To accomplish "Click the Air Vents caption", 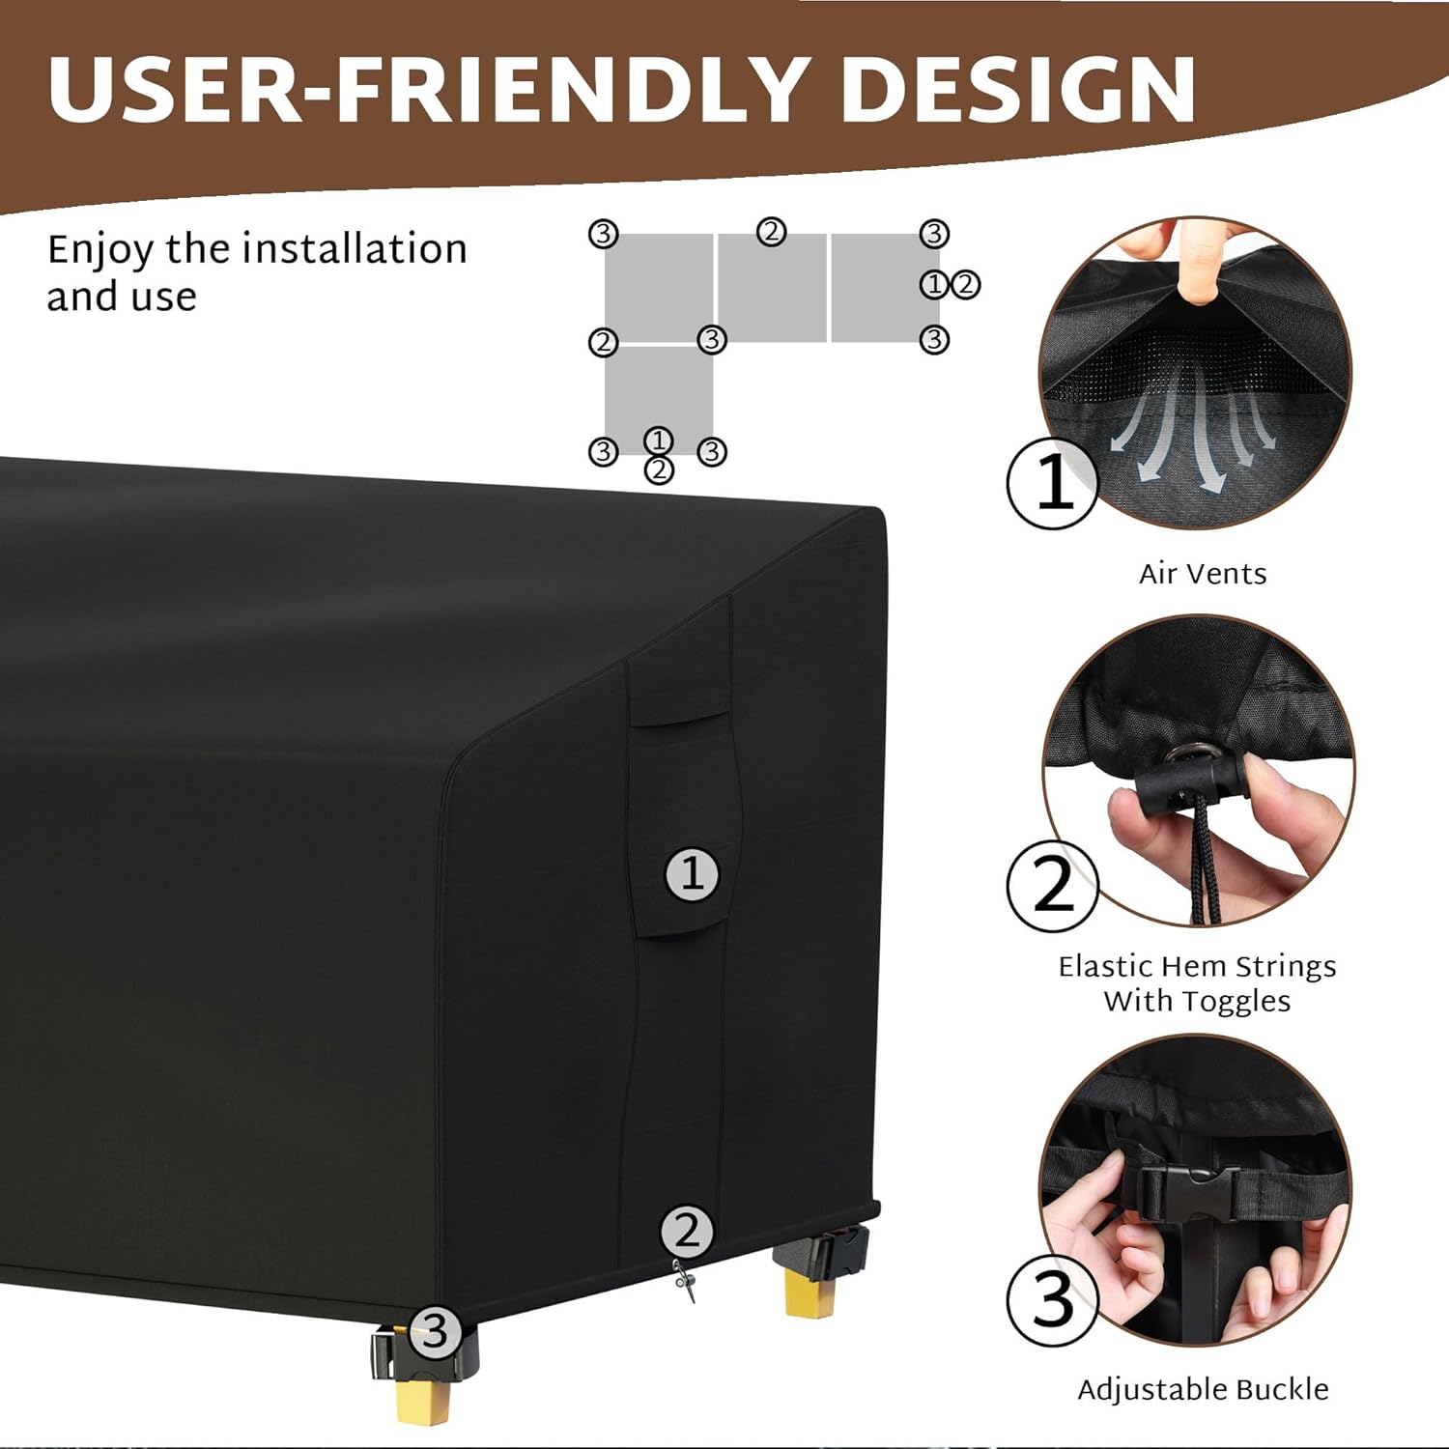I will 1203,574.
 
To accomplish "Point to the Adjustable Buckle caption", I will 1203,1389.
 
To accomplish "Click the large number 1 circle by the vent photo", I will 1053,482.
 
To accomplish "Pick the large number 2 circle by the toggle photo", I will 1053,886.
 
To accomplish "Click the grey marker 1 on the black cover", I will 692,874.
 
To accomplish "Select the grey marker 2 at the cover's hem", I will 687,1232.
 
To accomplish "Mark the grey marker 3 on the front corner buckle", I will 434,1333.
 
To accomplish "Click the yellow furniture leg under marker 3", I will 422,1400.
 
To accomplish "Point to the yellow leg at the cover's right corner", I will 810,1293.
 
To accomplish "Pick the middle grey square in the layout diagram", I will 771,288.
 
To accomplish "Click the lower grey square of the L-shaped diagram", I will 659,396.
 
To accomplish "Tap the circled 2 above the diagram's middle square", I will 771,233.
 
